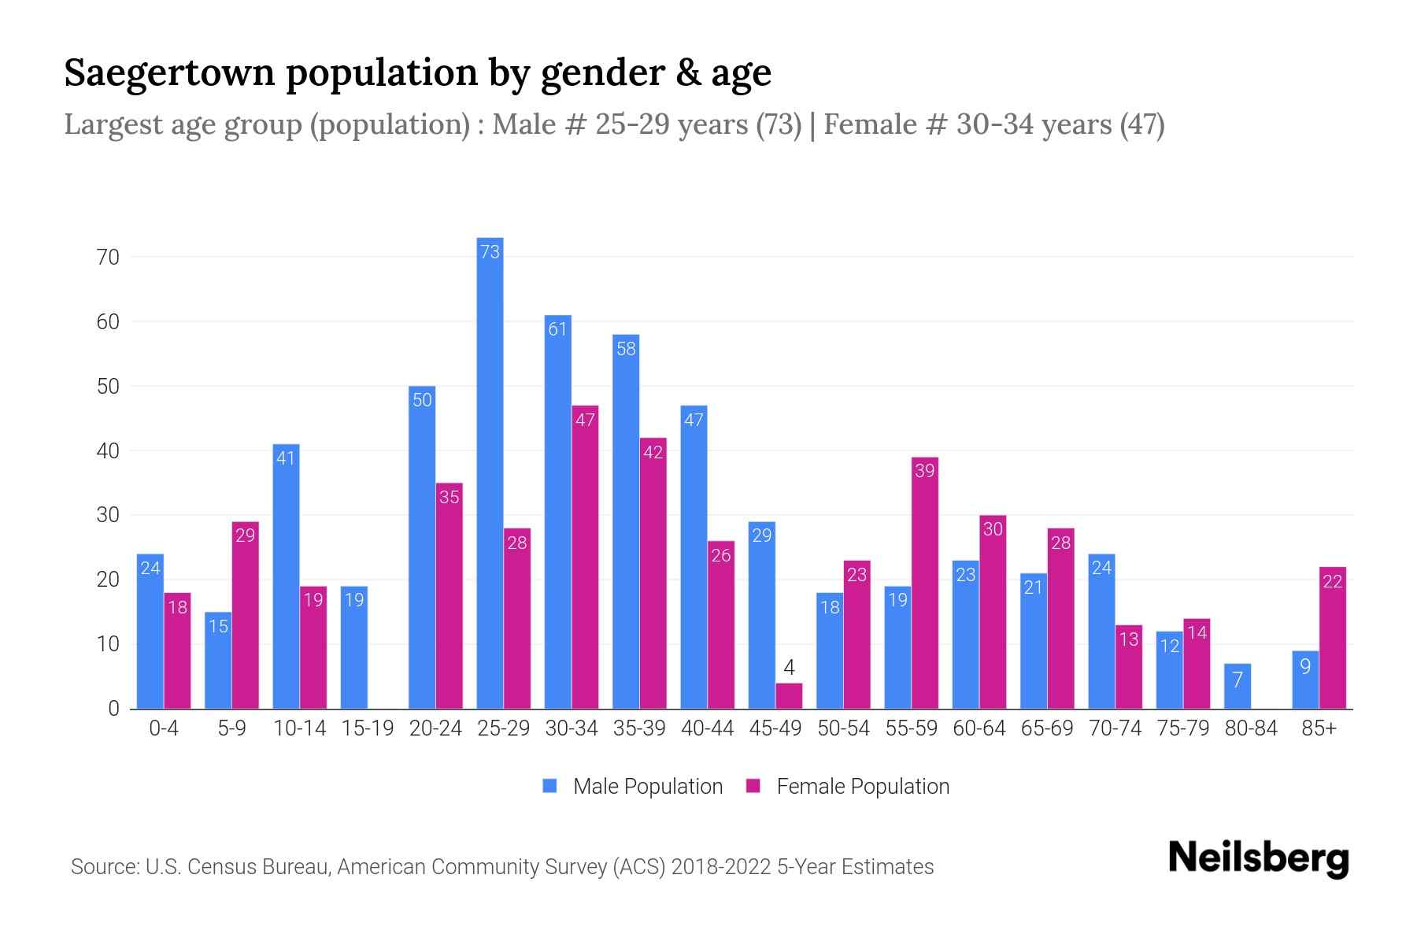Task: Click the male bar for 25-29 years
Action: tap(490, 472)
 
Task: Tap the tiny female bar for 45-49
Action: tap(789, 696)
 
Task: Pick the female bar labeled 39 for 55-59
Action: tap(925, 583)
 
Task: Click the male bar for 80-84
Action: tap(1238, 686)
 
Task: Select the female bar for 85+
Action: tap(1333, 638)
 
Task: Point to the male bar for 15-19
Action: tap(354, 647)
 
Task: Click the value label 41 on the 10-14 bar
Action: tap(286, 458)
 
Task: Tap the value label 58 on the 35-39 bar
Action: tap(626, 348)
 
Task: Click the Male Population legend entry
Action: tap(633, 786)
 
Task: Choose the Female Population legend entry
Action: tap(849, 786)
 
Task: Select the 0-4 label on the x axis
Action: tap(164, 728)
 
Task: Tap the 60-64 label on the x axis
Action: tap(979, 728)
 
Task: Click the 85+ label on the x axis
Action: tap(1319, 728)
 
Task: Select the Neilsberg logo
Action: tap(1258, 858)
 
